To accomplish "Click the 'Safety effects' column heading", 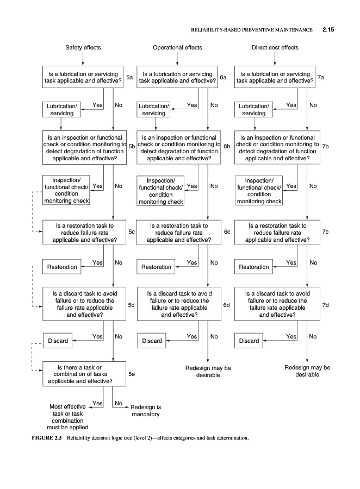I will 83,48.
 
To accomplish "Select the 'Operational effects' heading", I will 177,48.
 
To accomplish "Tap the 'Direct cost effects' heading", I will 275,48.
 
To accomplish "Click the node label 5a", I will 130,78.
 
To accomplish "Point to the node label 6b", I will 227,146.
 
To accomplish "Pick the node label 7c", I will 325,232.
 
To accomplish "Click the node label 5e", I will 131,374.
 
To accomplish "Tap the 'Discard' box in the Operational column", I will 152,341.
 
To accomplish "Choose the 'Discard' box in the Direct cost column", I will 249,341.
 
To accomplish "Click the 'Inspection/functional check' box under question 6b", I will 161,191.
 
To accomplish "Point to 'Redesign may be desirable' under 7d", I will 307,371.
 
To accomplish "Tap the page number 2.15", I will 327,29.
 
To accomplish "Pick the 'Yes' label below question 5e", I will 97,403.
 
